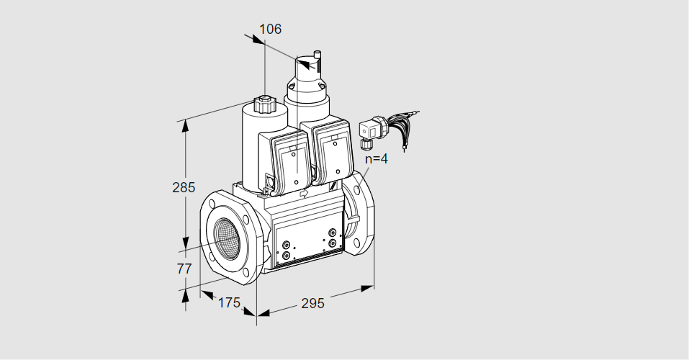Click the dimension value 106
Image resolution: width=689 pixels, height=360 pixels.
click(270, 29)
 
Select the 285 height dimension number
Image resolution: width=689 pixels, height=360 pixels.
click(184, 188)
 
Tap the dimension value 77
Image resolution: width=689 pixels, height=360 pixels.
click(184, 269)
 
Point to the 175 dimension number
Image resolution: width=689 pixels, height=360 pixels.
click(229, 303)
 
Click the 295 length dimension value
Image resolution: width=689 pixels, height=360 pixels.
click(312, 303)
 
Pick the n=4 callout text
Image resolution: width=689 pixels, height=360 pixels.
click(377, 158)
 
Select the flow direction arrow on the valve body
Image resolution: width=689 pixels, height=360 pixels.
click(304, 193)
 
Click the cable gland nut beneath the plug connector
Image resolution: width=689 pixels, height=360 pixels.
click(364, 143)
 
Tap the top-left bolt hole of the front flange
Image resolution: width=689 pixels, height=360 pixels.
click(212, 204)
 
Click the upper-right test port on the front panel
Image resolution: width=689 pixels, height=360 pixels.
click(333, 233)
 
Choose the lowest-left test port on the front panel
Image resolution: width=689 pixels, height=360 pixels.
click(286, 256)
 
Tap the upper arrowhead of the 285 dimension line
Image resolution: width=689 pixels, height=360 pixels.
click(186, 126)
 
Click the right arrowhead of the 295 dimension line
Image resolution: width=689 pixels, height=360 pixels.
click(367, 288)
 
